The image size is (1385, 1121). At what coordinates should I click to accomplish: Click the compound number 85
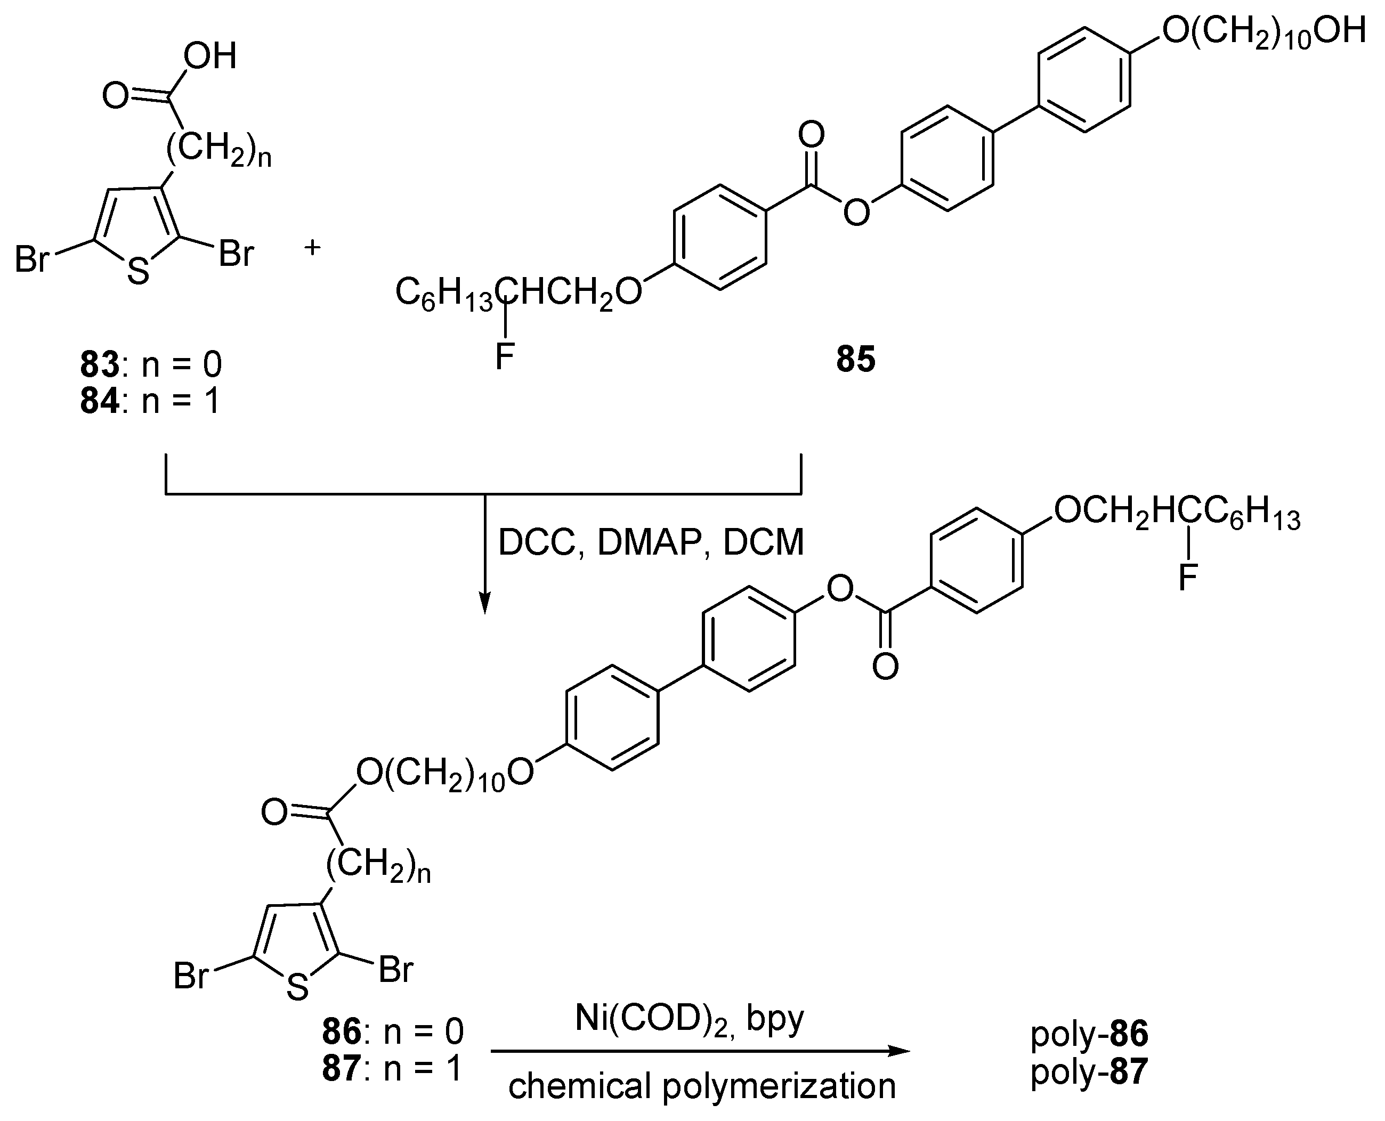855,359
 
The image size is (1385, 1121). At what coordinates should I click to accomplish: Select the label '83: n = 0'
150,364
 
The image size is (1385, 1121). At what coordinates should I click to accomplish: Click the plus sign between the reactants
312,247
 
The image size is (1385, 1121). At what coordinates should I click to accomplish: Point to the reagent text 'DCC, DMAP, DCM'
651,542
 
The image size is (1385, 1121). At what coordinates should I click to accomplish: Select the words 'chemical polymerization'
702,1086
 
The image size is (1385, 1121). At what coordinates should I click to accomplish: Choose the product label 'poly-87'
1089,1071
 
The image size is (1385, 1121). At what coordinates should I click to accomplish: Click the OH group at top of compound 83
210,56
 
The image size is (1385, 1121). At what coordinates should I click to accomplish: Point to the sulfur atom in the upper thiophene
137,272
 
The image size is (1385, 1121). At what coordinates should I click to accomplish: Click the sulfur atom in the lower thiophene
297,987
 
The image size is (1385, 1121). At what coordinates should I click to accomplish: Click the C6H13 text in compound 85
444,294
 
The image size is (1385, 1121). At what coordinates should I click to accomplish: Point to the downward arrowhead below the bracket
485,603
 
